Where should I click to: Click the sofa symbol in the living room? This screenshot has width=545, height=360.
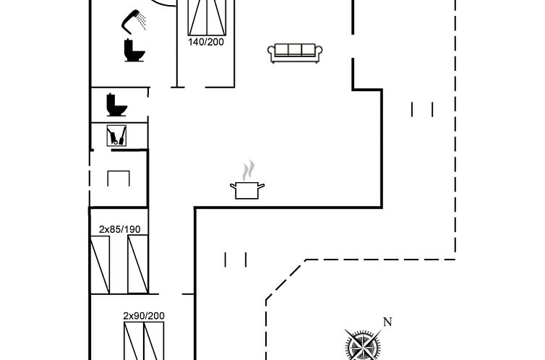point(295,53)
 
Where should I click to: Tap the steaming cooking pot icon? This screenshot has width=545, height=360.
point(247,180)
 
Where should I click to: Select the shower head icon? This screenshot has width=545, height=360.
point(134,22)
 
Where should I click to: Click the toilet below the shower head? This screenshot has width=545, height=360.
point(134,51)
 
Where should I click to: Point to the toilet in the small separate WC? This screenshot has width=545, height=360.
point(116,105)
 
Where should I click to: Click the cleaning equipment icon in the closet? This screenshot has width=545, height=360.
point(116,135)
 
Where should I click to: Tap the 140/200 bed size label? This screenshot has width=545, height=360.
point(206,42)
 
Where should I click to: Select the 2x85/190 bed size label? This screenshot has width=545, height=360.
point(119,229)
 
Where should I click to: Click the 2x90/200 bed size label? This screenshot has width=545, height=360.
point(144,315)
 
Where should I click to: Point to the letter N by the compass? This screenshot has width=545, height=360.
point(387,322)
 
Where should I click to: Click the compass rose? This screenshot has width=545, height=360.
point(364,345)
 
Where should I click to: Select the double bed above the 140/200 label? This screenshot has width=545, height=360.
point(207,17)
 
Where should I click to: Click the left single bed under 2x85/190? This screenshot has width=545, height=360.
point(100,265)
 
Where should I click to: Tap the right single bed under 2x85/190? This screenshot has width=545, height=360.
point(138,265)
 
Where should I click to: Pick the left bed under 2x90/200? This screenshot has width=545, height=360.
point(134,341)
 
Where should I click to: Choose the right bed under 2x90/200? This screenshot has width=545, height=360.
point(154,341)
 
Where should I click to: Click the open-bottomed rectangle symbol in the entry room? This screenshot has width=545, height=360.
point(119,179)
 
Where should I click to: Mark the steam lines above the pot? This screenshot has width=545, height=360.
point(248,171)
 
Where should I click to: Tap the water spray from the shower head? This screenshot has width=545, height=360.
point(142,20)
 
